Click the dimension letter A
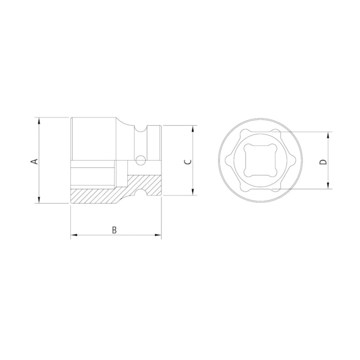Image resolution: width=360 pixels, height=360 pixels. (33, 161)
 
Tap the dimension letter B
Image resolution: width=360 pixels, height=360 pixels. (115, 230)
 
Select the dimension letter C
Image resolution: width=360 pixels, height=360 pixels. (187, 161)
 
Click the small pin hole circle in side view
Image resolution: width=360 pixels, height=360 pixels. (141, 161)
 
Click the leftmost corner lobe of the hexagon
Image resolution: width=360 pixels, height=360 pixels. (229, 160)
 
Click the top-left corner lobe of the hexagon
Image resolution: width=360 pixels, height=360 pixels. (244, 133)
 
